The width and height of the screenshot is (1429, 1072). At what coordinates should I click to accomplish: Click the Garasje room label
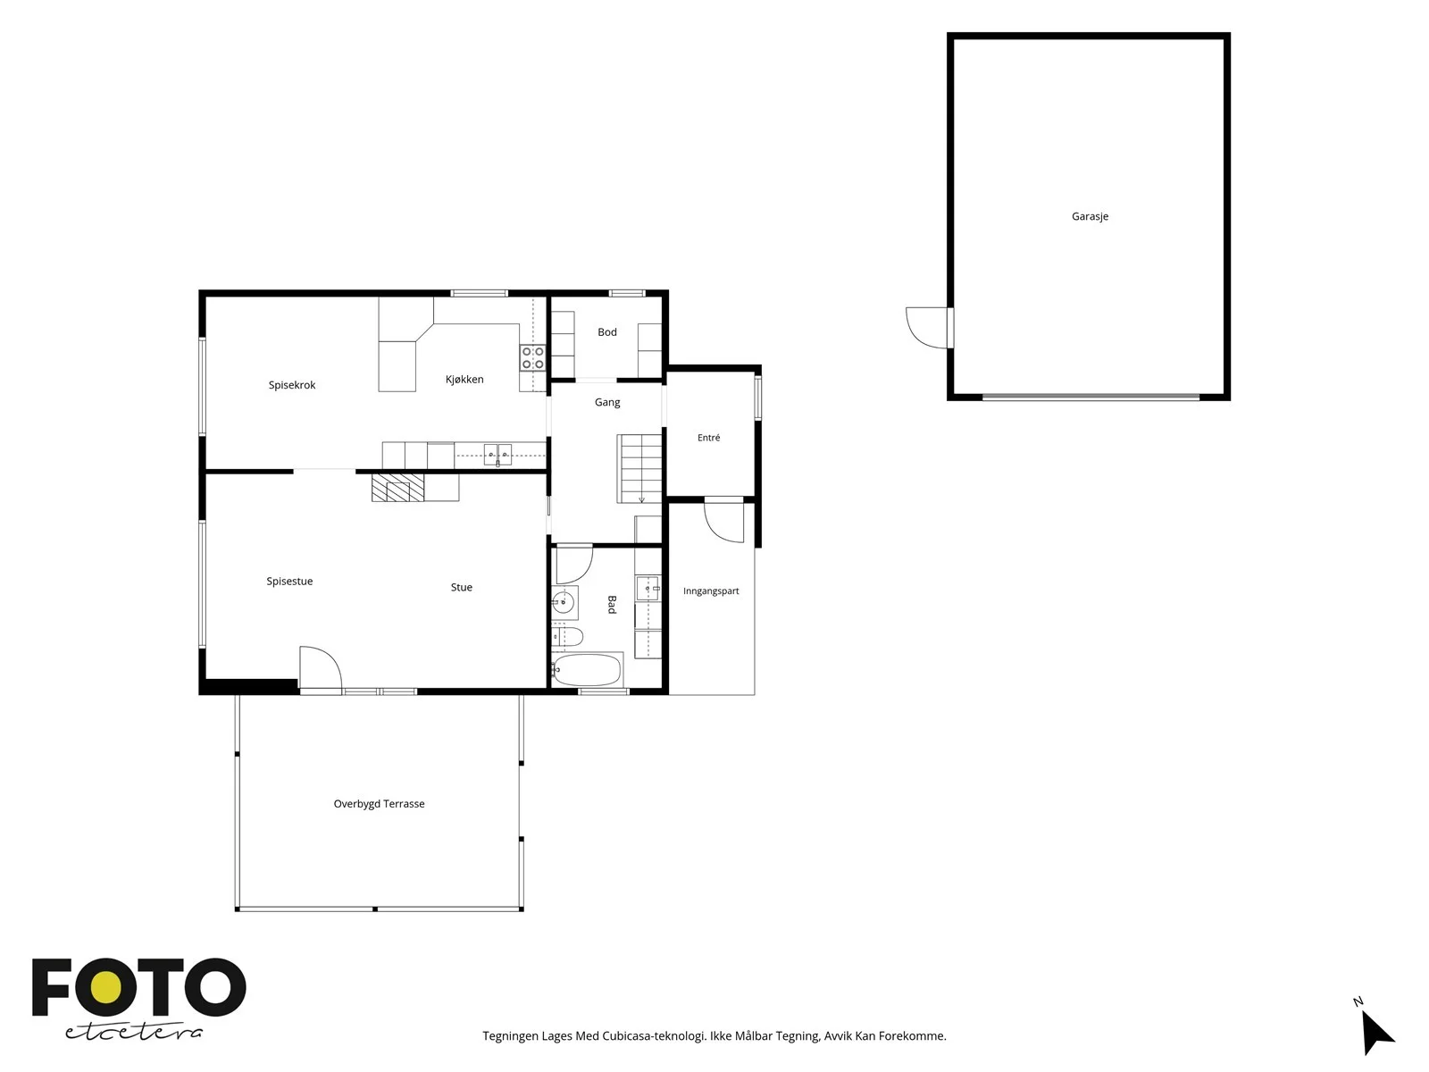point(1089,216)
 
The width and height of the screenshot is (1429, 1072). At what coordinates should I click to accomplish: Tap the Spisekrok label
point(292,385)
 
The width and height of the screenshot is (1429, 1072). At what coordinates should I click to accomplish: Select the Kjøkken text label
point(464,379)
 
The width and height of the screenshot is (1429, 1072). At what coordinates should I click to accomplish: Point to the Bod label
point(606,332)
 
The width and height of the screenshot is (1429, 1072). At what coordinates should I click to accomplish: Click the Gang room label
point(606,402)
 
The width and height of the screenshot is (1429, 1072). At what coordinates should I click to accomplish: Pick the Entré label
point(708,438)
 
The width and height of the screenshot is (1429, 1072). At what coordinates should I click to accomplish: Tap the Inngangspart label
point(710,591)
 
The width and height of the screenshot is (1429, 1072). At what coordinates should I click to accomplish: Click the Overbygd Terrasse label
point(379,804)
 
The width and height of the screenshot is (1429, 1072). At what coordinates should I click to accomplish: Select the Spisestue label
point(289,582)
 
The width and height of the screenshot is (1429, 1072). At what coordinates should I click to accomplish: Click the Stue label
point(461,587)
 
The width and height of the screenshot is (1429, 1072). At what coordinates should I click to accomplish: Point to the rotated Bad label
point(611,604)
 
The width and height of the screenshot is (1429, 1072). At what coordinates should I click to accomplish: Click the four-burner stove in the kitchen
point(532,357)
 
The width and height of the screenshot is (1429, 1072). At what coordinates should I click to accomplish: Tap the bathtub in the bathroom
point(587,669)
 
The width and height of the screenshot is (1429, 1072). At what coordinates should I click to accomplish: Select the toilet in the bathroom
point(567,636)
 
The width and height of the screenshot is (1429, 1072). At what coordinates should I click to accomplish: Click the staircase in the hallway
point(639,469)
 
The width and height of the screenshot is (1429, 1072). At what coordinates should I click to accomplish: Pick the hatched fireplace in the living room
point(397,488)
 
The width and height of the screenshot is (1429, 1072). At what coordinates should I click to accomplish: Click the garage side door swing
point(926,327)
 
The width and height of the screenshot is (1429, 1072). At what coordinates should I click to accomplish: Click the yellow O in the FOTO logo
point(105,988)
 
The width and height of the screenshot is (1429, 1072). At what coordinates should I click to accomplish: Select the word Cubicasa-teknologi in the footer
point(654,1036)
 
